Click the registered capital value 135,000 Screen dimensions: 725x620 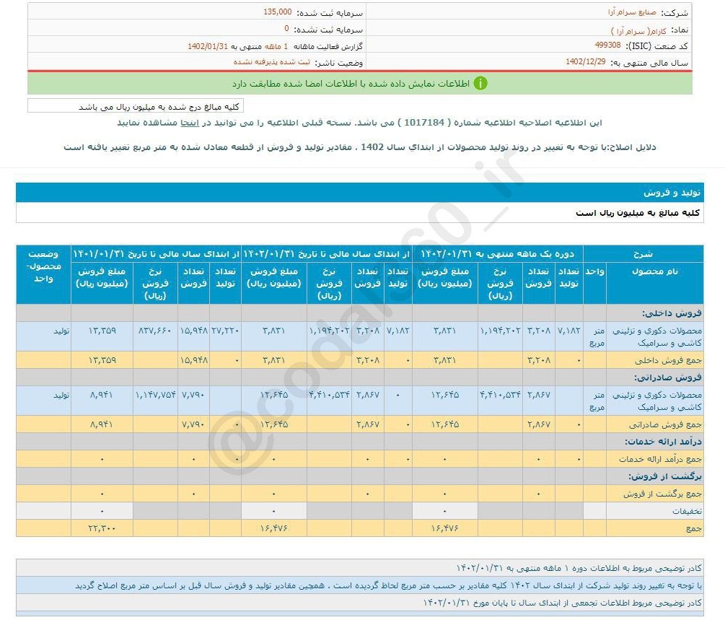[x=278, y=12]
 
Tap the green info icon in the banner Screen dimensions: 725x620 [x=480, y=83]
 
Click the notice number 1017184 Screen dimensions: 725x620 [x=424, y=123]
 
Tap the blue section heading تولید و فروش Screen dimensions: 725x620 [x=670, y=193]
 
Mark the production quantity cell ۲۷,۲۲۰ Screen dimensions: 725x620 [x=225, y=331]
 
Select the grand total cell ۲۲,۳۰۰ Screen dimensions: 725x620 [x=102, y=529]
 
